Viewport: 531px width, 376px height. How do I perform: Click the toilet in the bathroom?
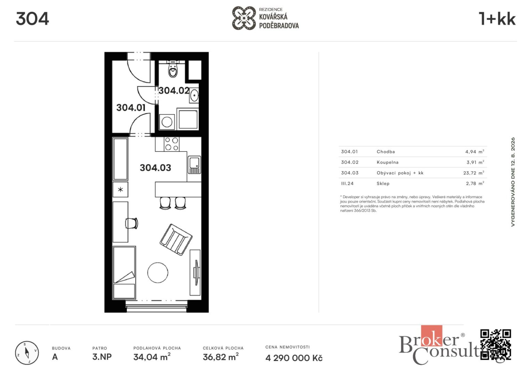coord(173,69)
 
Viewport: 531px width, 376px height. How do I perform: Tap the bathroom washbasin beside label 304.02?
coord(194,96)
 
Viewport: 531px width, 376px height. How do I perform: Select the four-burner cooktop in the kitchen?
coord(171,144)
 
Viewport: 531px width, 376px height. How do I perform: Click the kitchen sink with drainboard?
coord(194,165)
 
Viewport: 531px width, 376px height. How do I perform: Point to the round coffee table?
coord(158,273)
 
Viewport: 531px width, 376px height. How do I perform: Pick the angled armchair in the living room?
coord(176,240)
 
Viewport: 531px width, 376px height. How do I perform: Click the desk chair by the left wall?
coord(132,223)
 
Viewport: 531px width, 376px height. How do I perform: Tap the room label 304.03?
coord(155,168)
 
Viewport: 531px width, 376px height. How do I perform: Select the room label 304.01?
coord(131,108)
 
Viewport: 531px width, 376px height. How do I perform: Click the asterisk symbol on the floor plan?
coord(120,190)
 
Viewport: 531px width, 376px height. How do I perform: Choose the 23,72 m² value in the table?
coord(474,173)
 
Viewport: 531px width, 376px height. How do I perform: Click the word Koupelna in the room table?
coord(387,162)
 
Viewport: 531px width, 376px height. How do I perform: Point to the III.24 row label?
coord(347,183)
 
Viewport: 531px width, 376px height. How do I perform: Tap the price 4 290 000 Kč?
coord(294,358)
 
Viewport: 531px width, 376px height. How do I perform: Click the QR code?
coord(496,345)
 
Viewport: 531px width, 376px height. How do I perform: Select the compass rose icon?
coord(27,353)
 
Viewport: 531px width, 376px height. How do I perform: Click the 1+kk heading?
coord(497,19)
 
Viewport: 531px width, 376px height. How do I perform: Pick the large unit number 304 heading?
coord(32,19)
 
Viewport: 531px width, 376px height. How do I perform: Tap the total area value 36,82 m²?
coord(221,357)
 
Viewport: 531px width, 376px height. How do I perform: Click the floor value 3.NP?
coord(102,357)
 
